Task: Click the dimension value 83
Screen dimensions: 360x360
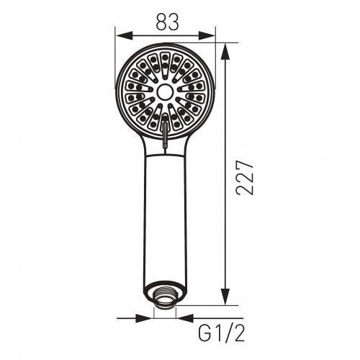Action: [168, 22]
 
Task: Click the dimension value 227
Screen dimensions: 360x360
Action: [245, 177]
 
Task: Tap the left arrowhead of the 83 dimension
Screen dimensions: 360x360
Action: [124, 36]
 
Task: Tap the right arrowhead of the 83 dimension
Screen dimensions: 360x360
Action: [207, 36]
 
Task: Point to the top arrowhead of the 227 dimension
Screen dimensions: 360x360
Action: [225, 52]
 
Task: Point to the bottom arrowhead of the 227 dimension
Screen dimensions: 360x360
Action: [225, 297]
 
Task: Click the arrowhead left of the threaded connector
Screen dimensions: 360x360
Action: [144, 318]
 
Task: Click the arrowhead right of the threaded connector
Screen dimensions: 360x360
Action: [184, 318]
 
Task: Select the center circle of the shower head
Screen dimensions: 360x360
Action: [165, 91]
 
